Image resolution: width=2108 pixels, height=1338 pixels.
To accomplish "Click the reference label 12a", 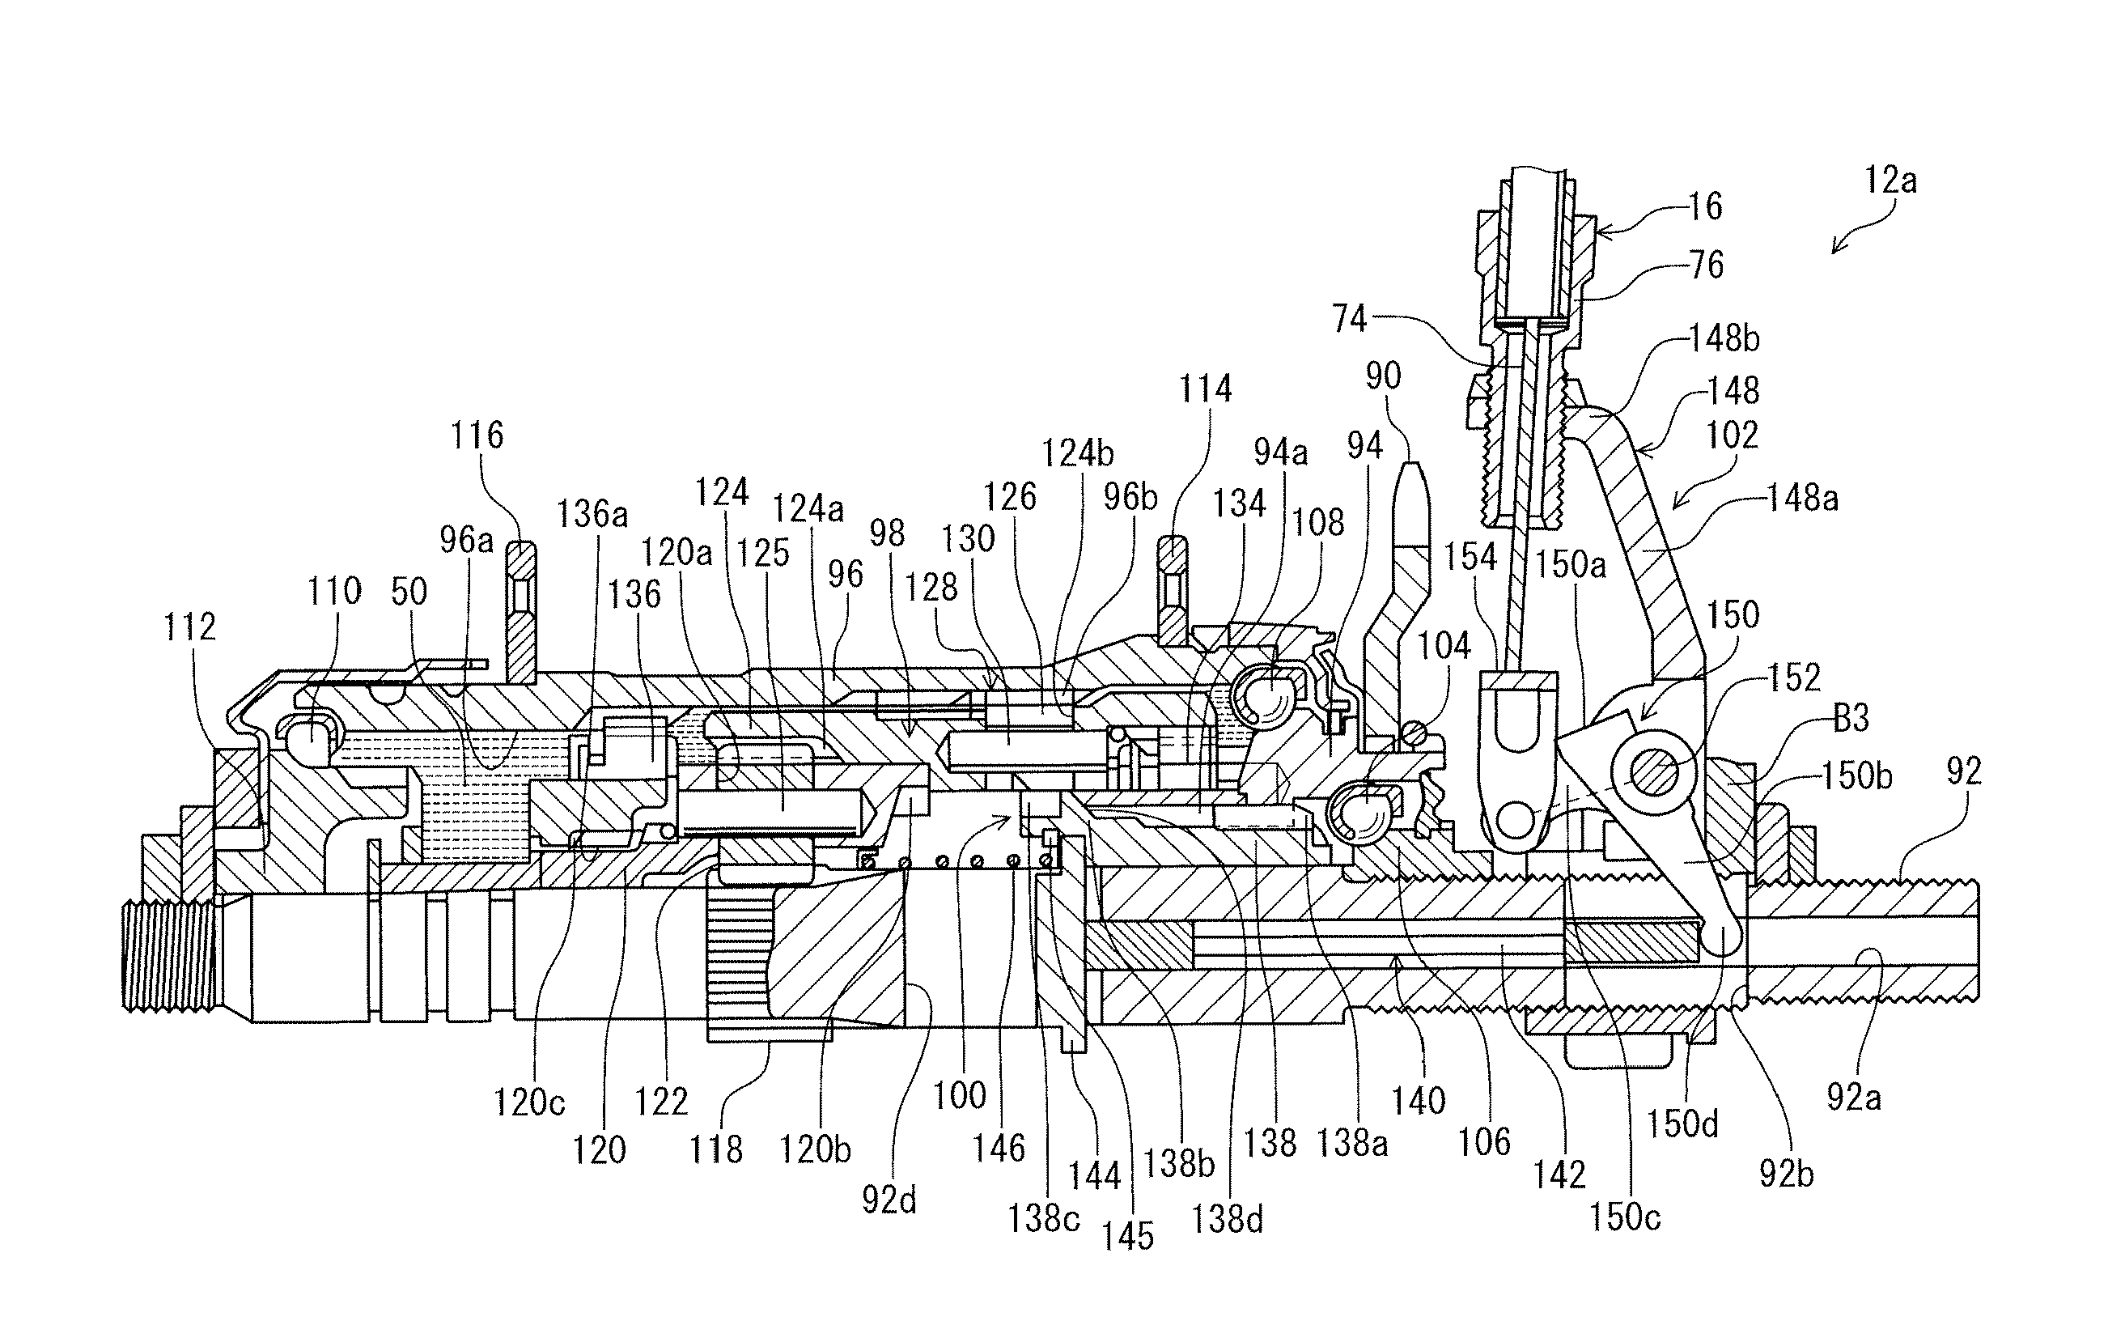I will [x=1890, y=181].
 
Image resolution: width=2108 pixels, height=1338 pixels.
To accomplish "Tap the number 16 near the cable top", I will [x=1703, y=206].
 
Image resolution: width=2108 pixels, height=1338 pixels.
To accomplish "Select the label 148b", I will [x=1724, y=338].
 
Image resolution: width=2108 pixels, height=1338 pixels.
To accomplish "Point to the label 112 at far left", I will [x=189, y=627].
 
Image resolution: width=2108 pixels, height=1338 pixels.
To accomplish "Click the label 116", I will [x=477, y=435].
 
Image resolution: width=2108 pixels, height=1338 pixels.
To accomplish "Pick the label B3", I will [x=1851, y=719].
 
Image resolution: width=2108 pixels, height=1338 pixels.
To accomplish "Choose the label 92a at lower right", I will [x=1853, y=1096].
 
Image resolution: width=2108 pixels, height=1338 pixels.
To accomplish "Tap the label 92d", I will [x=889, y=1200].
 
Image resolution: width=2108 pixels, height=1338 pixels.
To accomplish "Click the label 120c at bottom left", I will [x=528, y=1102].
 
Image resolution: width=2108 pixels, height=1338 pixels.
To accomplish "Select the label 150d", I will [x=1682, y=1123].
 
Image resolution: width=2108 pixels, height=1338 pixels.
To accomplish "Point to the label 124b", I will [x=1077, y=453].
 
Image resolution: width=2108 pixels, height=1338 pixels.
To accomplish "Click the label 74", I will [x=1349, y=319].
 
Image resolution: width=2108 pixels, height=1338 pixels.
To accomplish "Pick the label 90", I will [x=1383, y=376].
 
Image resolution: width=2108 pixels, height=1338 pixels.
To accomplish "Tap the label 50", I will [x=409, y=592].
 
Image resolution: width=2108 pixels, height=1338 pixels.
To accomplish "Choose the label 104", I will [x=1444, y=646].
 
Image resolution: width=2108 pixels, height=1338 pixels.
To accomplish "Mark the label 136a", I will [x=592, y=514].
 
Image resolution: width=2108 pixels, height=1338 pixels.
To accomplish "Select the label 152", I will [x=1794, y=677].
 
